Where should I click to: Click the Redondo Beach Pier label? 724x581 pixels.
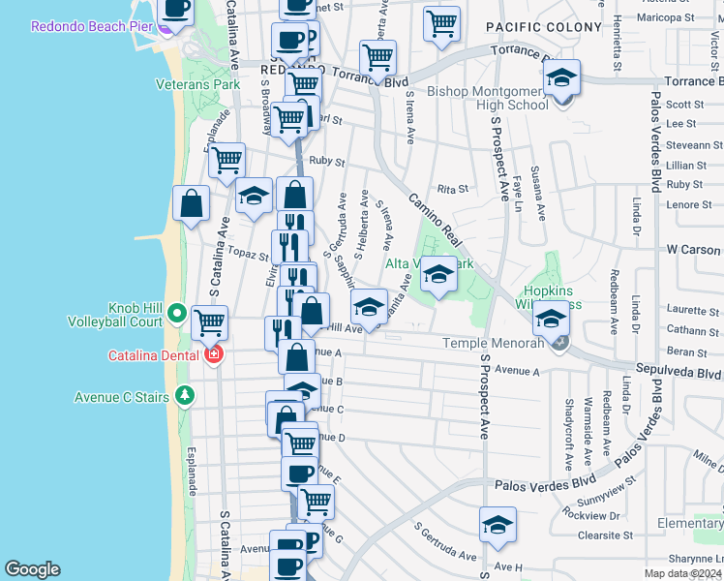click(92, 26)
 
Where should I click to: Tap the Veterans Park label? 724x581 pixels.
click(197, 84)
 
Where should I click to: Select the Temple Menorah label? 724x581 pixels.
click(493, 343)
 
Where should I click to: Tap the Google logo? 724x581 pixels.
click(32, 569)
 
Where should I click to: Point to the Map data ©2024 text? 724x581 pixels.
click(681, 572)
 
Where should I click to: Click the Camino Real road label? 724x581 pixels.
click(437, 223)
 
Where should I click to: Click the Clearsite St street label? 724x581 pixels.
click(605, 534)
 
